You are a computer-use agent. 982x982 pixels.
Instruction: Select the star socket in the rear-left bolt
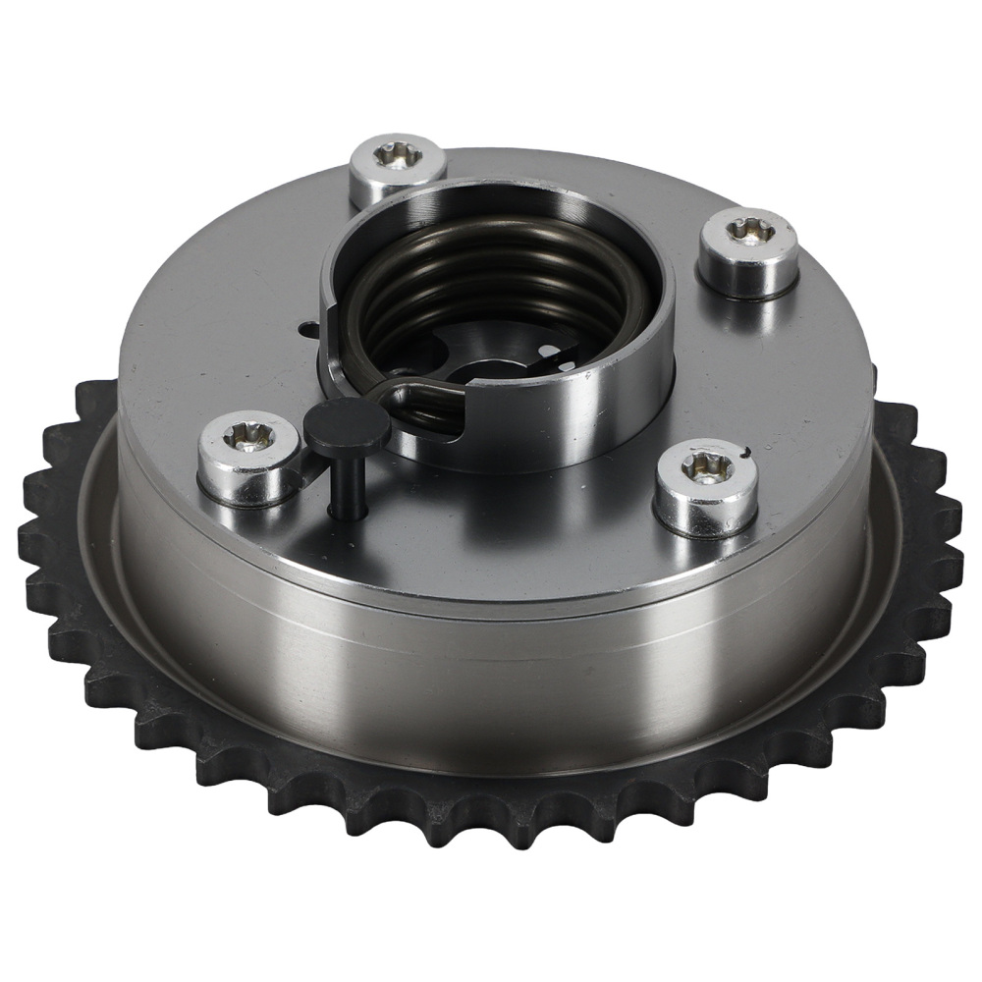tap(398, 155)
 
